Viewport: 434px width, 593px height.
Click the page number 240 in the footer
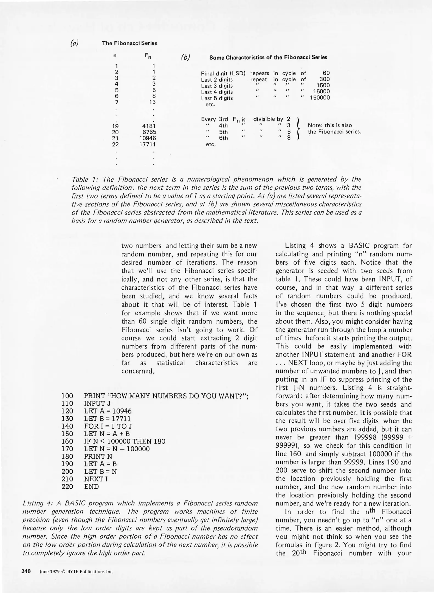(x=26, y=571)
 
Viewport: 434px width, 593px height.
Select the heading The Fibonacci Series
(x=129, y=43)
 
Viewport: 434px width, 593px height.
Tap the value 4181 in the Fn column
(x=149, y=126)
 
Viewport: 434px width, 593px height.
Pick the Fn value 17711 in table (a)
(x=147, y=144)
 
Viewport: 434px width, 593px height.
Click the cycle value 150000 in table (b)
(x=320, y=98)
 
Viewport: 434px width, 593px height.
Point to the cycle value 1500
(x=323, y=85)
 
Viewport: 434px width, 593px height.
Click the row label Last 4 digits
(x=217, y=92)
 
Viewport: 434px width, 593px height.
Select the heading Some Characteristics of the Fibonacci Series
(x=268, y=58)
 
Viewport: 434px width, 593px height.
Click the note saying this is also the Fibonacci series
(x=334, y=128)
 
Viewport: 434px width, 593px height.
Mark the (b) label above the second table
(x=185, y=57)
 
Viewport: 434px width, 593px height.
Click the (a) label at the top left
(x=74, y=43)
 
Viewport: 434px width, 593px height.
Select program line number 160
(x=67, y=441)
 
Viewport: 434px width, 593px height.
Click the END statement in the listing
(x=91, y=486)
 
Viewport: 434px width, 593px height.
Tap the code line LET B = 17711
(x=107, y=419)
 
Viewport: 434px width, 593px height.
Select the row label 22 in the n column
(x=115, y=144)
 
